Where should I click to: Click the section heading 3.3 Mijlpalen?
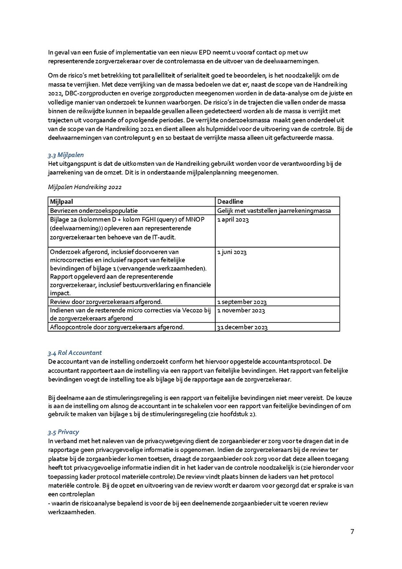66,155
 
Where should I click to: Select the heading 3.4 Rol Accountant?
75,353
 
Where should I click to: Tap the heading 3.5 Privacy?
63,432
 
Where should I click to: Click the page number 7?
352,531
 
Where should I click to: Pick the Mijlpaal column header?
61,202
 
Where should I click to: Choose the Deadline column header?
230,202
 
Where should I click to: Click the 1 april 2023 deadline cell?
233,219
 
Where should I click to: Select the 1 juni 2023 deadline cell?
232,252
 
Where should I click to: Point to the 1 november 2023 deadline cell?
241,310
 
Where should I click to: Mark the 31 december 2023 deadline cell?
242,327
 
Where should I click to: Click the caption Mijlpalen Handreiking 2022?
84,187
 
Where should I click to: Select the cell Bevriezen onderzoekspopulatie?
94,211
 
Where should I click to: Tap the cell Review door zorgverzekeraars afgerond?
106,302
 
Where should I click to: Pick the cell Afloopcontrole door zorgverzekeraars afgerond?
117,327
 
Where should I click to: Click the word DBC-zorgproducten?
88,93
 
